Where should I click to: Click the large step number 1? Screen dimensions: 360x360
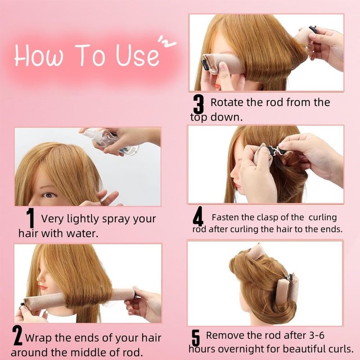(30, 218)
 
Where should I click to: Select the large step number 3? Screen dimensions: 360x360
(198, 104)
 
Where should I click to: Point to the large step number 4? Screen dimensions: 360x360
(198, 216)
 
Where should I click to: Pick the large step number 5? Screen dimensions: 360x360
(196, 338)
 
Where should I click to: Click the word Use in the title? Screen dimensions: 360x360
(137, 54)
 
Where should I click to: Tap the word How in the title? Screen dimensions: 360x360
(38, 55)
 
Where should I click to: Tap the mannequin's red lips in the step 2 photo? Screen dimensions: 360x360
(43, 287)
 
